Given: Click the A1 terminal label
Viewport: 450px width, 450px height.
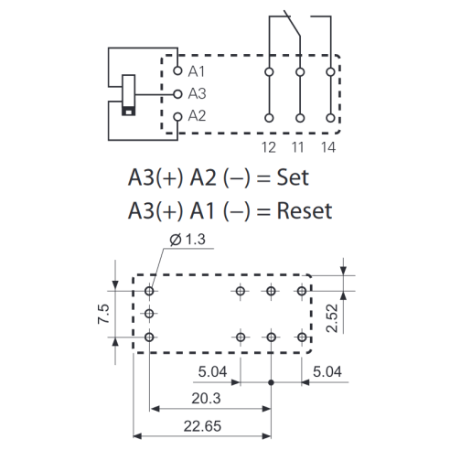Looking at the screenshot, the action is (x=197, y=71).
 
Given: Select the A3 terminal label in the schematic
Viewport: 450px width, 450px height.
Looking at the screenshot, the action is (x=197, y=93).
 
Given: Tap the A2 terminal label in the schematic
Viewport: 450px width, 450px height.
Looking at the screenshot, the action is (x=197, y=116).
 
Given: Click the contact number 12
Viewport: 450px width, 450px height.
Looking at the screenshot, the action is (x=269, y=147).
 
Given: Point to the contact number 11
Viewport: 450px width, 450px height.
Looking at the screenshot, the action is (x=298, y=147).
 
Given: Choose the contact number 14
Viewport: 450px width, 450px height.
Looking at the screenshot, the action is (x=328, y=147).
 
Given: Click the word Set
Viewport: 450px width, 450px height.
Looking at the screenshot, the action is (x=293, y=177).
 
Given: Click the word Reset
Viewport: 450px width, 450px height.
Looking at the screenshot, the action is (x=305, y=210).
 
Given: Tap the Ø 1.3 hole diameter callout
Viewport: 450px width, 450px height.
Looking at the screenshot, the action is (x=187, y=240).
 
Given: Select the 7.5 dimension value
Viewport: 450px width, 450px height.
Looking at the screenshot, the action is (x=103, y=314).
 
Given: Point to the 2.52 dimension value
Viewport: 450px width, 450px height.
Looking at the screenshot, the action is (x=332, y=318).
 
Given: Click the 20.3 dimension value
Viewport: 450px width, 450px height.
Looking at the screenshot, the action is (x=206, y=399).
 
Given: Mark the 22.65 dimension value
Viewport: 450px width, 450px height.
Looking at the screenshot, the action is (x=202, y=426).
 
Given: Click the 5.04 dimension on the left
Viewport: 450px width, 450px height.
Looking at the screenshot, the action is (x=212, y=371).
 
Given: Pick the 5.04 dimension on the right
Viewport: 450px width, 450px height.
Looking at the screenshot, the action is (x=327, y=371).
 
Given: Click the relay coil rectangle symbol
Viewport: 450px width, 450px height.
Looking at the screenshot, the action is (x=128, y=95).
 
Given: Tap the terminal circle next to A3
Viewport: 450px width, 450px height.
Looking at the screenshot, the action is (x=177, y=94).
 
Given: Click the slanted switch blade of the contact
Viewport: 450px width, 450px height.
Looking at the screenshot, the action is (x=292, y=24).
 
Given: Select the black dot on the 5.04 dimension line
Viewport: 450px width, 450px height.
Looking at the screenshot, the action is (x=271, y=382).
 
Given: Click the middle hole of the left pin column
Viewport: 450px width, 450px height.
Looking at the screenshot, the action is (x=149, y=313).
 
